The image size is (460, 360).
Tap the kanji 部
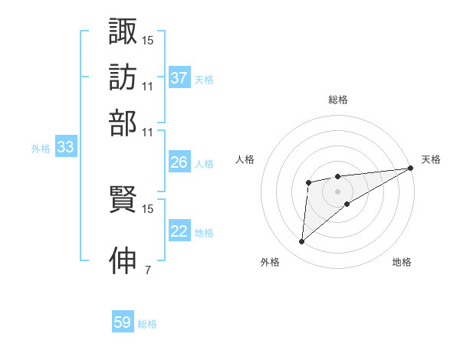123,122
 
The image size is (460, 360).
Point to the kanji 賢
123,201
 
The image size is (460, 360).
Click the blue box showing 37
179,78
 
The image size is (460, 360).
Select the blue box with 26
179,163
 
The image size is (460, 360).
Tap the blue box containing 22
179,232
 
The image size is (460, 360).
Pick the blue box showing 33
65,149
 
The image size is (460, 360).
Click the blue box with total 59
123,323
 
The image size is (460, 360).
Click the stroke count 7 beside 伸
147,270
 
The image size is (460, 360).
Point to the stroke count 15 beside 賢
148,208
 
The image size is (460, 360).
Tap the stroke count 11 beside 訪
148,86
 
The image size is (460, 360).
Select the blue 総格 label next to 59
147,324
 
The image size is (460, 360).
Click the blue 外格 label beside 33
41,149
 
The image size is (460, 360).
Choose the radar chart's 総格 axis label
338,100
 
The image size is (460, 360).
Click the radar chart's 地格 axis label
402,263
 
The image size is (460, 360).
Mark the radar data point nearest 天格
412,169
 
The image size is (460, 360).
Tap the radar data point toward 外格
301,242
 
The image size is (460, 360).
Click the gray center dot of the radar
338,190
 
